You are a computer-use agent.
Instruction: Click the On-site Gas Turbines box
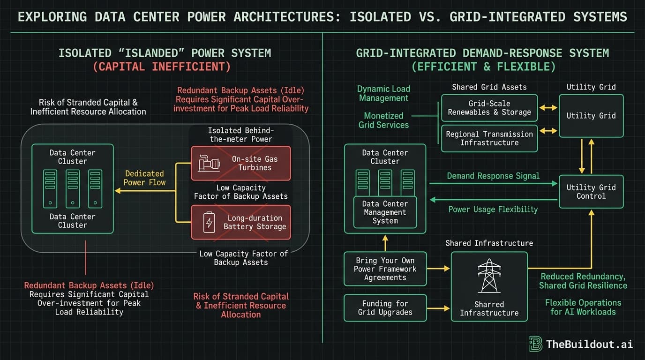240,163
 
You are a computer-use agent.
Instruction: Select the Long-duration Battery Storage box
240,222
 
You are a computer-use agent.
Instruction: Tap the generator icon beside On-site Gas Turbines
209,163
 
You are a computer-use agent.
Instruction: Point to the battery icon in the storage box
209,222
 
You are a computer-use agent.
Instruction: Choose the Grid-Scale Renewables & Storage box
489,108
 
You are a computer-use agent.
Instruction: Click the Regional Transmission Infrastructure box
489,138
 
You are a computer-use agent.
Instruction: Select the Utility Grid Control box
591,191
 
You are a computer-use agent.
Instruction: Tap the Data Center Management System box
385,212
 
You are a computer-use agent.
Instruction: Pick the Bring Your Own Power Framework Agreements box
385,269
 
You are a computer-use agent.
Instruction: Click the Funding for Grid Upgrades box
385,307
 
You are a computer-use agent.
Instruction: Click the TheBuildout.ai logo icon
535,344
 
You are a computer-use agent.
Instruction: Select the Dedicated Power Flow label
144,178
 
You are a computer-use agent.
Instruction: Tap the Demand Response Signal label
493,176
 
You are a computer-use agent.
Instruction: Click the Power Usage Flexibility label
493,210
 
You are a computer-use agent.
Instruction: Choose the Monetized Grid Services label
383,120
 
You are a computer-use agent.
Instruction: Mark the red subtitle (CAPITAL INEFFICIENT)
162,67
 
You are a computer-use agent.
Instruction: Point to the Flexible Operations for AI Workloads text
583,307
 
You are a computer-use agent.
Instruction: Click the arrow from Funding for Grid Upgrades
438,308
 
